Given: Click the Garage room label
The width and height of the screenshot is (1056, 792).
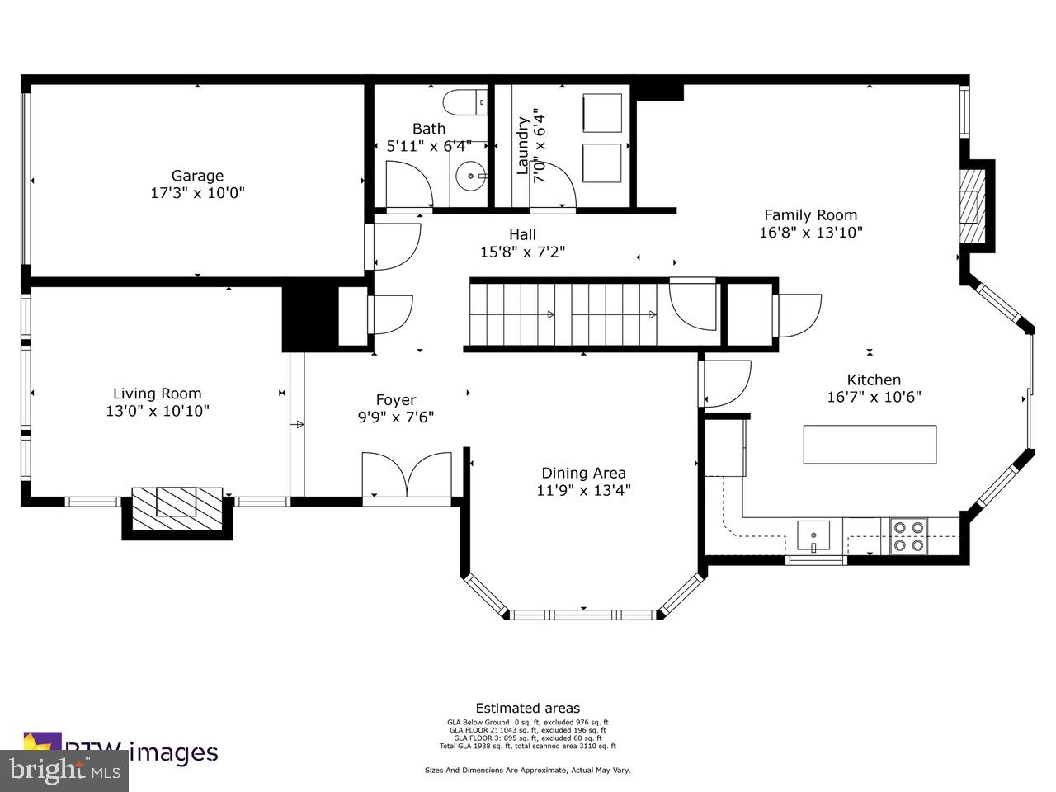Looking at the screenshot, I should tap(197, 176).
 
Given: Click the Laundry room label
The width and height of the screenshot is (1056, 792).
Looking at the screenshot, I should tap(522, 145).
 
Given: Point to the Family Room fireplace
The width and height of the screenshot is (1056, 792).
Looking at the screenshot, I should tap(973, 205).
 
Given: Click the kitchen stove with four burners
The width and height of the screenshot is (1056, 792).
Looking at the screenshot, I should tap(907, 535).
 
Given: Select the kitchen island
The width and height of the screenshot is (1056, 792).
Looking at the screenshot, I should tap(870, 445).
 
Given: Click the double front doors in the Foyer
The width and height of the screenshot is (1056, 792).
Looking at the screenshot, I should tap(407, 475).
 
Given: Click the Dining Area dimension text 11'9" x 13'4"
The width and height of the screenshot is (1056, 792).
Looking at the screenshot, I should tap(583, 490).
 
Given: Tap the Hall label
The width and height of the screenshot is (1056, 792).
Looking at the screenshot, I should tap(522, 235).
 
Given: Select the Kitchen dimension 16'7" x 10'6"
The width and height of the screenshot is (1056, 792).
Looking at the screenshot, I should tap(874, 396).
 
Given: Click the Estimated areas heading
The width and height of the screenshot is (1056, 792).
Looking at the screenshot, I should tap(527, 708).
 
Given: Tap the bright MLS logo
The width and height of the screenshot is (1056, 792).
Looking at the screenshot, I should tap(64, 771).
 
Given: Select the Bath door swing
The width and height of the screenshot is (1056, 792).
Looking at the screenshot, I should tap(408, 185).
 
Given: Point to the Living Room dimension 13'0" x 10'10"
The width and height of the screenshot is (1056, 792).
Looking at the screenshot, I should tap(157, 411).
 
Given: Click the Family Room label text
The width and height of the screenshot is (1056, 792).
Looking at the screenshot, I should tap(810, 215).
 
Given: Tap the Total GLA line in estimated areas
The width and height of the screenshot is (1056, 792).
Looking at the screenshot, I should tap(527, 746).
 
